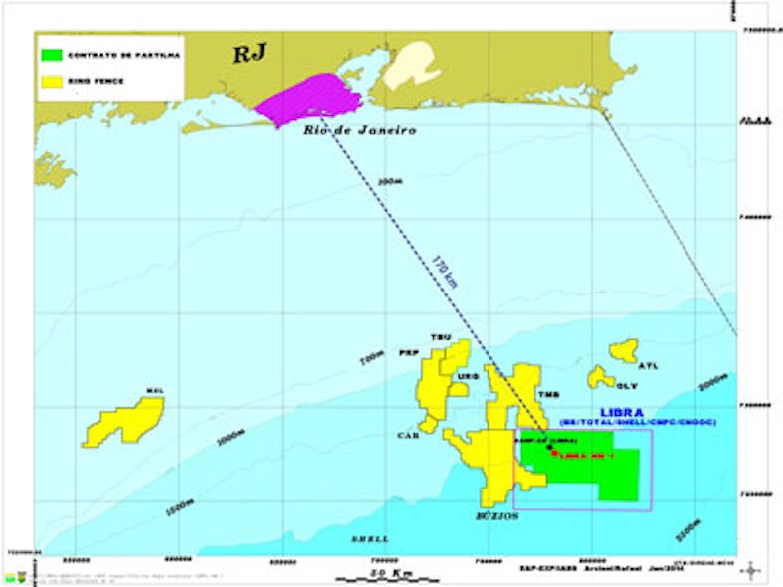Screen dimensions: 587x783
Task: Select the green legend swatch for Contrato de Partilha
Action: [52, 56]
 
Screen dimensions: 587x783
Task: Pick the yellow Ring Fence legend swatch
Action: [52, 81]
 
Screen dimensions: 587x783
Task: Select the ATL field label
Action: [648, 366]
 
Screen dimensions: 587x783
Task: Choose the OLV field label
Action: [627, 386]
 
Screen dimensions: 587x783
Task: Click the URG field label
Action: [467, 377]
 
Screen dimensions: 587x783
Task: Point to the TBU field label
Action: [440, 337]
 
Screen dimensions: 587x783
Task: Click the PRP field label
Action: [407, 353]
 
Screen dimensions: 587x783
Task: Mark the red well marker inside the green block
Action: [554, 453]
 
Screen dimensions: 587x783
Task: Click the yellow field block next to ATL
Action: [625, 349]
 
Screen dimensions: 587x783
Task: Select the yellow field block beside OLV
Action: [600, 377]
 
